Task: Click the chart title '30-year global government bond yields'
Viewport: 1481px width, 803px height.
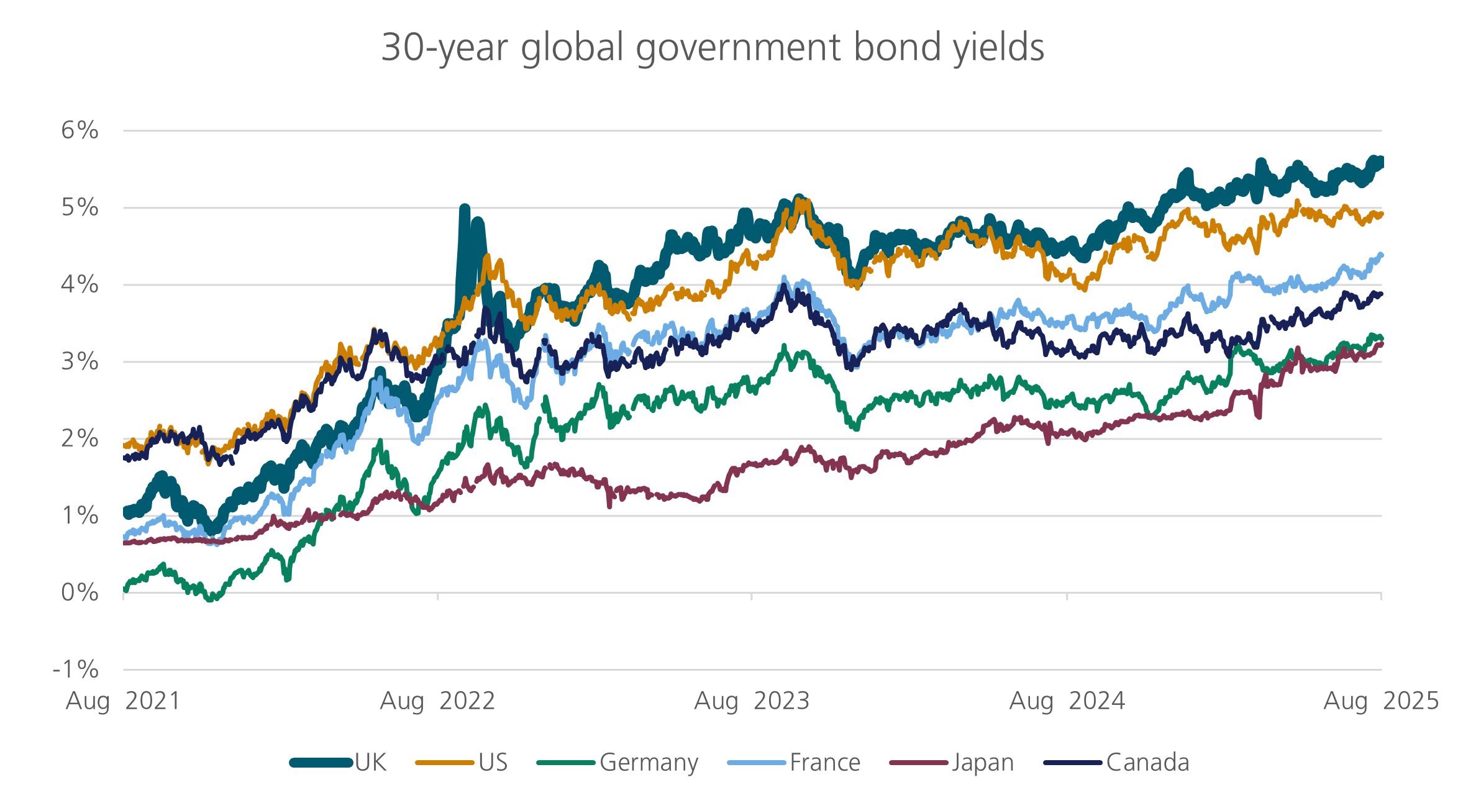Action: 712,47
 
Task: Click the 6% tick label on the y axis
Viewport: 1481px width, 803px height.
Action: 80,130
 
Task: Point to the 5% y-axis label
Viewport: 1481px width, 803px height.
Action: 80,207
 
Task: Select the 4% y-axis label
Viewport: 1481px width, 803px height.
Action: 80,284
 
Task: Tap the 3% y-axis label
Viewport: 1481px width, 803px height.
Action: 80,361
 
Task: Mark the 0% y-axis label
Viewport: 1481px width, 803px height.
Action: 80,592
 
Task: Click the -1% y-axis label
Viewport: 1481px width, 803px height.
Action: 76,669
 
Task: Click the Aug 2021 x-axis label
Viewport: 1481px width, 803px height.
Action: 123,701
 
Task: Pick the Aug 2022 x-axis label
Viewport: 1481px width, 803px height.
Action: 437,701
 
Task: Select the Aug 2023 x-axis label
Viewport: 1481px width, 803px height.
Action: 752,701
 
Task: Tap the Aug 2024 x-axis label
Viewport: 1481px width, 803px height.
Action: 1067,701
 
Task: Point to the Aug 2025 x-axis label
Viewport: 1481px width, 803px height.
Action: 1380,701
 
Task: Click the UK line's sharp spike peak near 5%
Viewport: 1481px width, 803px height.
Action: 464,209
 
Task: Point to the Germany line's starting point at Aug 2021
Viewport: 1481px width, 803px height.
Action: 125,589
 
